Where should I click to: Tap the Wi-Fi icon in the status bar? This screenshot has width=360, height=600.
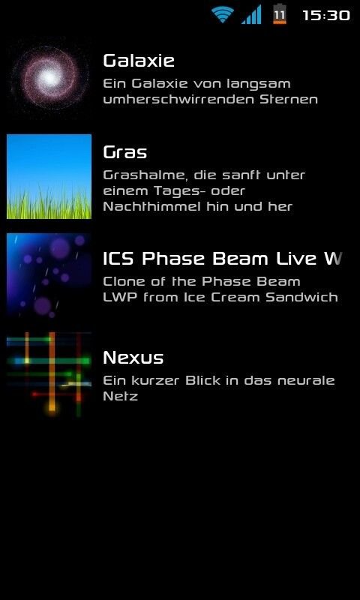[223, 15]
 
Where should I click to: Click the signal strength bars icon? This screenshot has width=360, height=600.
[251, 14]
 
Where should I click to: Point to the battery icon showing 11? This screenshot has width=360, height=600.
[280, 14]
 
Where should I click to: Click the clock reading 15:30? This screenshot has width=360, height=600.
[326, 15]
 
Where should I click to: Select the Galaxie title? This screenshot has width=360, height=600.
[139, 61]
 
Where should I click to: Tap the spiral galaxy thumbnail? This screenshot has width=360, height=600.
[49, 78]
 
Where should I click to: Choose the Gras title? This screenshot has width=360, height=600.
[125, 152]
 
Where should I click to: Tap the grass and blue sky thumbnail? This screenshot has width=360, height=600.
[49, 176]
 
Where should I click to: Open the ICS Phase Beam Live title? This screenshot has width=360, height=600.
[222, 259]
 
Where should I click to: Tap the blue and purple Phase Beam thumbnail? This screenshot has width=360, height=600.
[49, 276]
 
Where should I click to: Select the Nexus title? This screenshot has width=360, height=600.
[133, 358]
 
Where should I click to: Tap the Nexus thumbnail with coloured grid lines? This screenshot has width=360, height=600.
[49, 374]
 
